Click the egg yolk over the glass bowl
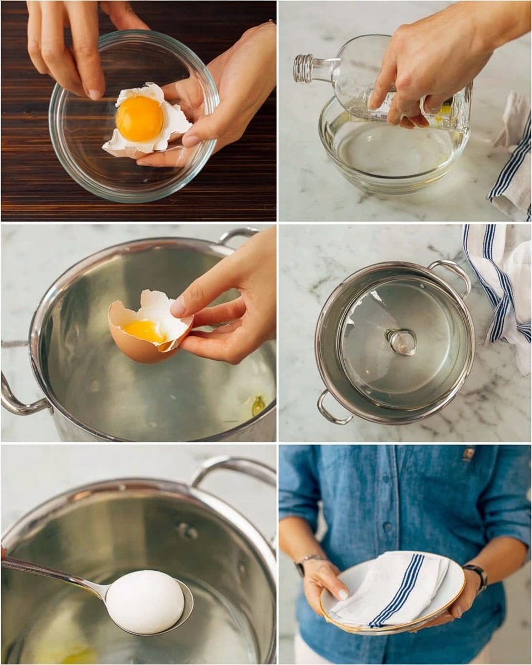(139, 119)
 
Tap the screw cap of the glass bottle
(303, 68)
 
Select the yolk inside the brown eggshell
(145, 331)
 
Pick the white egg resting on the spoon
(145, 602)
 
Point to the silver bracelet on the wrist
(306, 561)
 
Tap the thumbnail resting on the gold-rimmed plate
(343, 594)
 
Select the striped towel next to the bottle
(513, 161)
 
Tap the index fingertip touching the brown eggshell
(178, 306)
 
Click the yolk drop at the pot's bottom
(258, 406)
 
